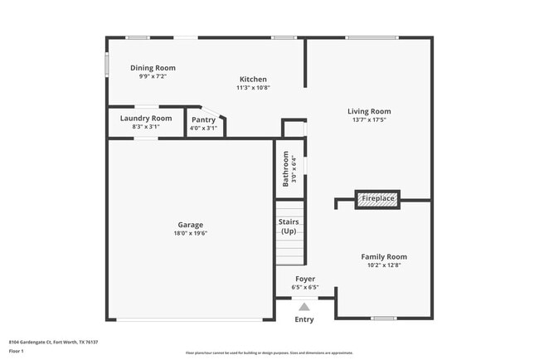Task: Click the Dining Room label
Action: [x=153, y=68]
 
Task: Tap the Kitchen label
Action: [x=253, y=79]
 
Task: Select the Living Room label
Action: [x=369, y=111]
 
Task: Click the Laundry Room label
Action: [x=146, y=119]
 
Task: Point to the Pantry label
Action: [x=203, y=119]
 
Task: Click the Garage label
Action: [x=190, y=225]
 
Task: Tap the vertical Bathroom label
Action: [x=286, y=168]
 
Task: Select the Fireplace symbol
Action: [x=377, y=199]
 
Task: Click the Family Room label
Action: [x=384, y=257]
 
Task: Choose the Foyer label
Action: [x=304, y=280]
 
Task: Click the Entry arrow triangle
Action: [x=304, y=307]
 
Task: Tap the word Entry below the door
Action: [x=304, y=319]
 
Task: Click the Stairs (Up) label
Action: [x=289, y=226]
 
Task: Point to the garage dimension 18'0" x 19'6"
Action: [x=190, y=233]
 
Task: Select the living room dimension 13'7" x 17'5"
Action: [x=369, y=119]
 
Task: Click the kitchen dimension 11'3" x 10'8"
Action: [x=253, y=87]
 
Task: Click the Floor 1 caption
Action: [x=17, y=351]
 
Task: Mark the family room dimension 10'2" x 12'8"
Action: [x=384, y=265]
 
